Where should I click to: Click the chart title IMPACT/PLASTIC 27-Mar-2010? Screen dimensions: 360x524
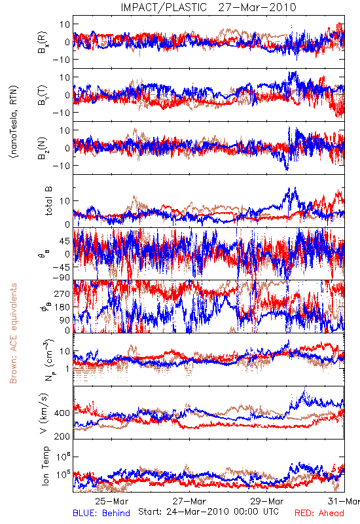[x=208, y=7]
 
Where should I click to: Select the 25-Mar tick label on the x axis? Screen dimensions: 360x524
[x=112, y=501]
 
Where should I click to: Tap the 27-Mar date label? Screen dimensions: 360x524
[x=190, y=501]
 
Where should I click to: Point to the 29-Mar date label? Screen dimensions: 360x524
[x=267, y=501]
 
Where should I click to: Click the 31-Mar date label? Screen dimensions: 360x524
[x=344, y=501]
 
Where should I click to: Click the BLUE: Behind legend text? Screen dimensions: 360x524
[x=101, y=513]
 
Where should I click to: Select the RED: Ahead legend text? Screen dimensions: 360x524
[x=319, y=513]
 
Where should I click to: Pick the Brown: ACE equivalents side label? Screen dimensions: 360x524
[x=13, y=333]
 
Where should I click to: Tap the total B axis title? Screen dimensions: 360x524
[x=48, y=201]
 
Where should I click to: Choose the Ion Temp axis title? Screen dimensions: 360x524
[x=45, y=466]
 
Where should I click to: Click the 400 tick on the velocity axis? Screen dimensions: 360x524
[x=62, y=413]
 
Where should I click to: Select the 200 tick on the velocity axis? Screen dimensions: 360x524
[x=62, y=436]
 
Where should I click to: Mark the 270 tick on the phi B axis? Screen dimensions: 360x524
[x=62, y=293]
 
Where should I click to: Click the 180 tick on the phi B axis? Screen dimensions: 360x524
[x=62, y=307]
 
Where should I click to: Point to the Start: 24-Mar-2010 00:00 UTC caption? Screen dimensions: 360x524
[x=208, y=512]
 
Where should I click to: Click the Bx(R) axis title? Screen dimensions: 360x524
[x=43, y=43]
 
